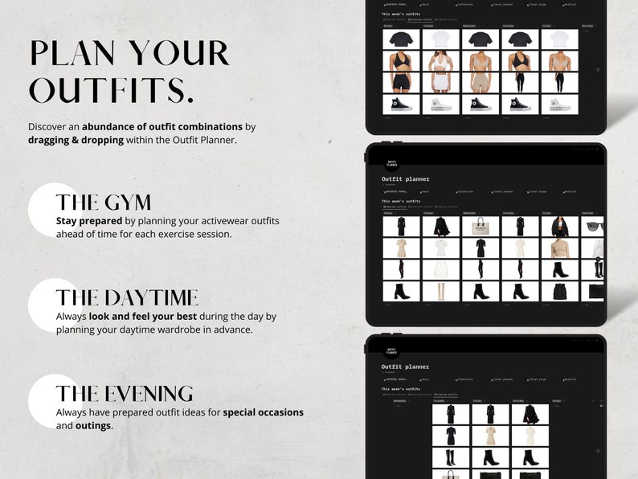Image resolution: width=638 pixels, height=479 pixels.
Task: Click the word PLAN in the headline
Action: pos(72,53)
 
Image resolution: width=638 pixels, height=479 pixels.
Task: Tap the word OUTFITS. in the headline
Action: pos(112,90)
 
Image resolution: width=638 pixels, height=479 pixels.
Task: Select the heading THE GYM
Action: pos(103,202)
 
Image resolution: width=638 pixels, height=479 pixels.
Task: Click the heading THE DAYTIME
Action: pos(126,298)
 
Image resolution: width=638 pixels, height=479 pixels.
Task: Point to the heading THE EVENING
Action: pos(125,394)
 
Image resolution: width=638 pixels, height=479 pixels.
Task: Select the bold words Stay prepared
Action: pos(88,220)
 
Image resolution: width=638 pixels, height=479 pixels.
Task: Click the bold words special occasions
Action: pos(263,412)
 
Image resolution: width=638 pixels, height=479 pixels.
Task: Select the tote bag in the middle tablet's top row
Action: pos(481,226)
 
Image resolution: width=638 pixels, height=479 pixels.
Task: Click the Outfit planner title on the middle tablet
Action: pos(406,179)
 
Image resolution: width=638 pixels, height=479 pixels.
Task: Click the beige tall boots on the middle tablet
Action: pos(441,291)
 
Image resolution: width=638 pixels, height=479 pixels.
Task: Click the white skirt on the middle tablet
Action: pos(441,269)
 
